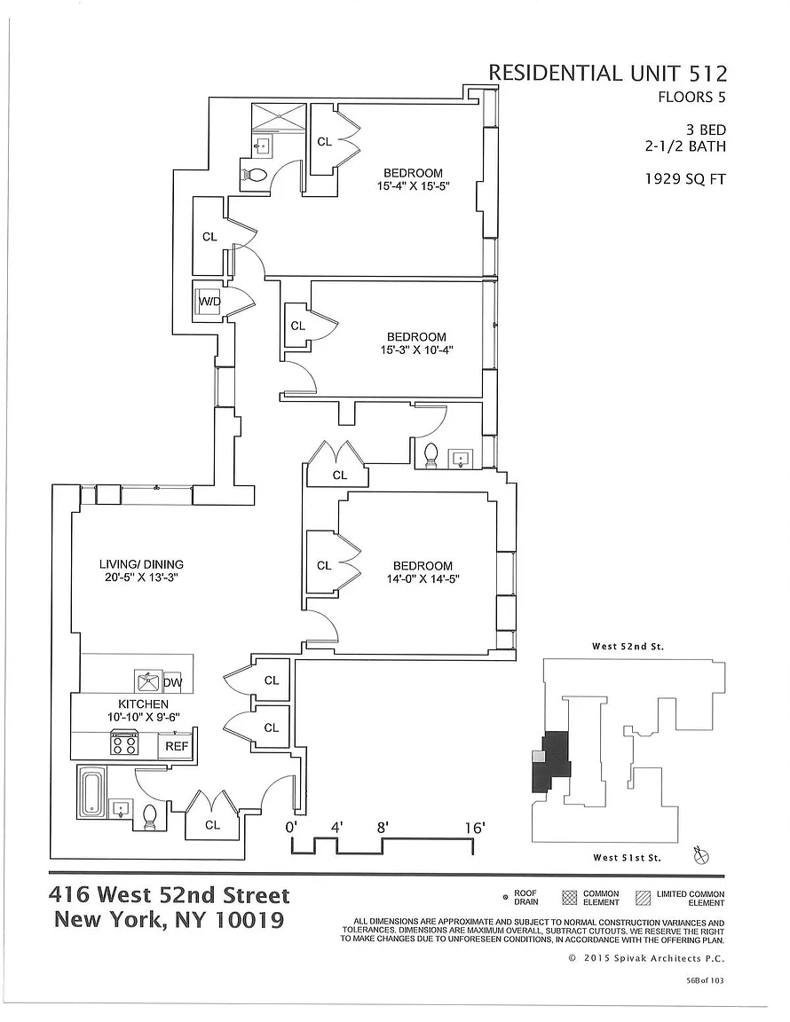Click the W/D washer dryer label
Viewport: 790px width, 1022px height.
pyautogui.click(x=209, y=302)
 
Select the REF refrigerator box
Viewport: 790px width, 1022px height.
pyautogui.click(x=176, y=746)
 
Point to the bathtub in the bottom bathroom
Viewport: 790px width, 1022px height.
pyautogui.click(x=91, y=791)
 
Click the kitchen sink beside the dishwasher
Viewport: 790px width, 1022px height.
pyautogui.click(x=146, y=681)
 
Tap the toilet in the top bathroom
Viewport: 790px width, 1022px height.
pyautogui.click(x=255, y=175)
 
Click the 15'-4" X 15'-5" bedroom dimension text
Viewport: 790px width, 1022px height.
pyautogui.click(x=414, y=185)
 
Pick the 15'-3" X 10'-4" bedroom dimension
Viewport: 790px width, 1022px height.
pyautogui.click(x=416, y=350)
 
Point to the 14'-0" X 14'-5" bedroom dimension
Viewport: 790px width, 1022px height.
pyautogui.click(x=423, y=578)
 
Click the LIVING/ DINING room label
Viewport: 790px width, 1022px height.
pyautogui.click(x=141, y=564)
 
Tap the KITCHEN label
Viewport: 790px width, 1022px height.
pyautogui.click(x=144, y=704)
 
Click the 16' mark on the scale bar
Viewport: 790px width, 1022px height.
pyautogui.click(x=474, y=828)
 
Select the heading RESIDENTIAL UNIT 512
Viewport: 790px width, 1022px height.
pyautogui.click(x=607, y=73)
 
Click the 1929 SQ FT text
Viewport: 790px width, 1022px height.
pyautogui.click(x=685, y=178)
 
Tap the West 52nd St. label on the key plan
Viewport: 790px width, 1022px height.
pyautogui.click(x=628, y=647)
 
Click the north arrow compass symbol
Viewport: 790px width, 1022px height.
pyautogui.click(x=702, y=855)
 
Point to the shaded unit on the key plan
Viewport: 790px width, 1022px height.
pyautogui.click(x=550, y=761)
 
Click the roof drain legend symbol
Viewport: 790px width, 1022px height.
pyautogui.click(x=505, y=898)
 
